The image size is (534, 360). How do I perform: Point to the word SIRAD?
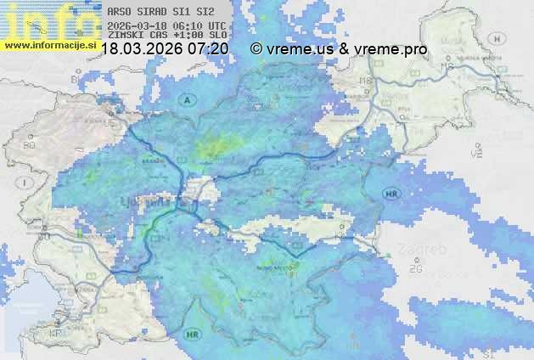155,12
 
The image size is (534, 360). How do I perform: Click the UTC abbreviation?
216,26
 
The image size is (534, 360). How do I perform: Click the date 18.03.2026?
139,50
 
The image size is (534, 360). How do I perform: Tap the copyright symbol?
256,50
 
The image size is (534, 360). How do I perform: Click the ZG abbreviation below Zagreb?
415,270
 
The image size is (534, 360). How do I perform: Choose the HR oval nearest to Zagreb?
391,194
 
